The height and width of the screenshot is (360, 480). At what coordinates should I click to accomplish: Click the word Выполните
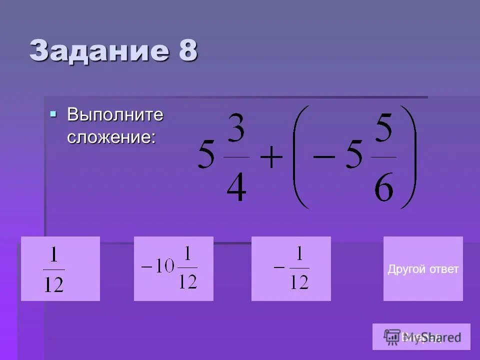tap(115, 115)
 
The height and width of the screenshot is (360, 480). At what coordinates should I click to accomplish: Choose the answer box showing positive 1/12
tap(60, 269)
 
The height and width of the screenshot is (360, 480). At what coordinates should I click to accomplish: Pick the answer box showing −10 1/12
tap(173, 269)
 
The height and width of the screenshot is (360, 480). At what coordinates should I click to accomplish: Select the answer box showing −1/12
tap(291, 269)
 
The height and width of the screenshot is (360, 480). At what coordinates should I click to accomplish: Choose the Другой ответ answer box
tap(423, 269)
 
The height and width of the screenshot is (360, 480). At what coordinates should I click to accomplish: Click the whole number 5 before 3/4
tap(206, 156)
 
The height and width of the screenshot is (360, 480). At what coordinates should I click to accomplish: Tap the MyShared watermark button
tap(421, 336)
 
